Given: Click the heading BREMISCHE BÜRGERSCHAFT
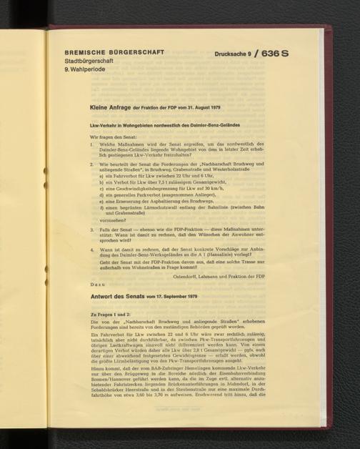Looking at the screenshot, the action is point(114,53).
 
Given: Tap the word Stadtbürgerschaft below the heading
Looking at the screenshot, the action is point(89,61).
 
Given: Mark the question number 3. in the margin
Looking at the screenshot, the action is point(92,230).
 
